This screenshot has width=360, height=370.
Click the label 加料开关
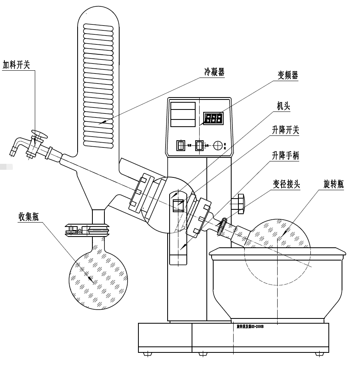16,65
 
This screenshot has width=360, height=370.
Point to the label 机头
284,106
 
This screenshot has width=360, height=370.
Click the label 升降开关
286,130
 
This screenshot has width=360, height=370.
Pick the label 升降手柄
286,156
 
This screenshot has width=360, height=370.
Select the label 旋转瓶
333,184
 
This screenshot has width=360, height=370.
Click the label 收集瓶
30,216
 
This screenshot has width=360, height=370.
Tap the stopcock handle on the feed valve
39,134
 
